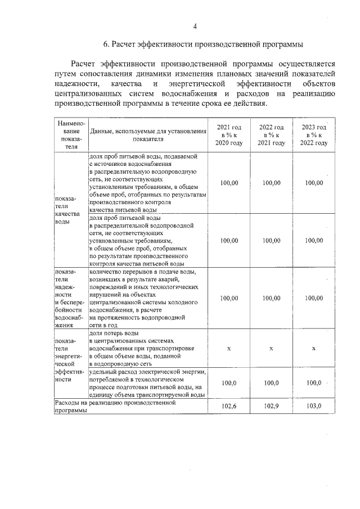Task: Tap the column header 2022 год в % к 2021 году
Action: (x=271, y=135)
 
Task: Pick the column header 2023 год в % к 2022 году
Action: (x=314, y=135)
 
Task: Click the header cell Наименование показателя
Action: (x=70, y=135)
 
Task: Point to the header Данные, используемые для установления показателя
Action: (x=148, y=135)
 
